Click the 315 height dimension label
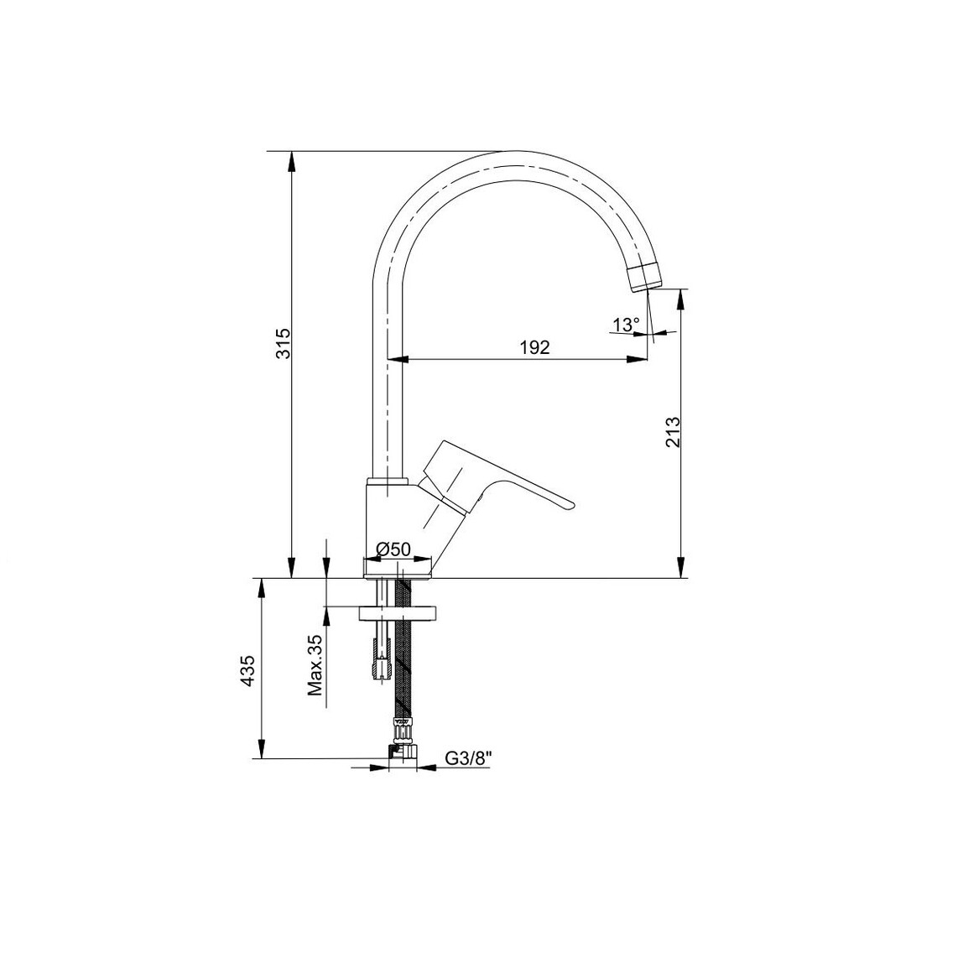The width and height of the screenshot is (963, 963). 284,344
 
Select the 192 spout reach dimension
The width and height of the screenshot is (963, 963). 534,347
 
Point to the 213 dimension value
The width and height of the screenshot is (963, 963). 673,431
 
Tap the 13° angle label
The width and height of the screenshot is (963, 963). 626,325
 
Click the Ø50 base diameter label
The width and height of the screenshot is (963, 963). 393,549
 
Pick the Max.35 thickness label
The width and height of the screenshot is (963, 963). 315,664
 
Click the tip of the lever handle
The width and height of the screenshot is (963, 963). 568,506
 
